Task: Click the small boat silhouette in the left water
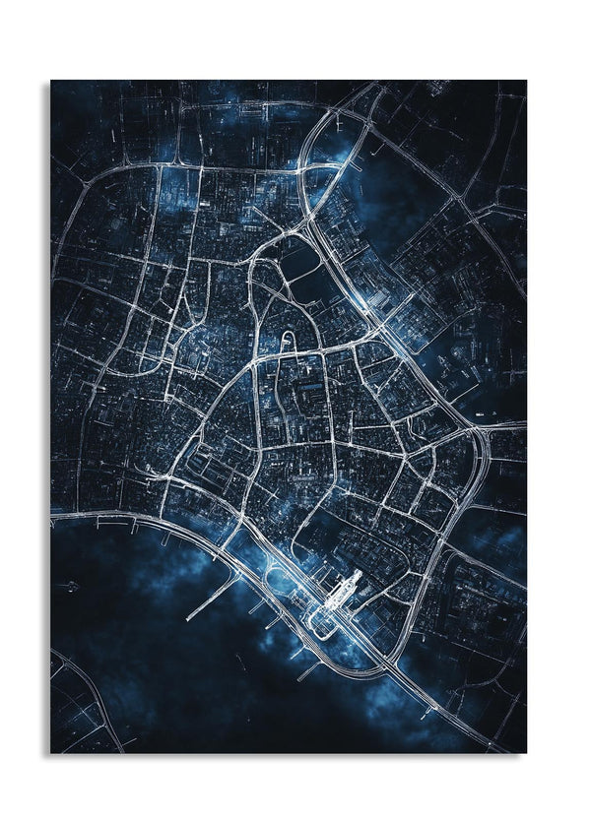[x=69, y=587]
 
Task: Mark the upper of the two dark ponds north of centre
[x=300, y=258]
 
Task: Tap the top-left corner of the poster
[x=51, y=81]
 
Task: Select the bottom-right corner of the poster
[x=526, y=753]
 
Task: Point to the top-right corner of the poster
[x=526, y=81]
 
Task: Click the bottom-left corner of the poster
[x=51, y=753]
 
